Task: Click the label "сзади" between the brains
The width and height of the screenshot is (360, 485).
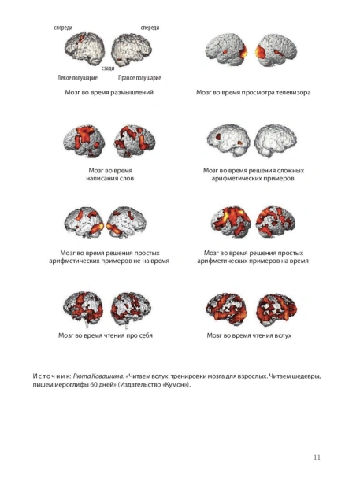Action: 108,68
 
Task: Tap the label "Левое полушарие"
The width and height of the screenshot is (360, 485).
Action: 77,78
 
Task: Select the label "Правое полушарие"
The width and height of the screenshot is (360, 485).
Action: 139,78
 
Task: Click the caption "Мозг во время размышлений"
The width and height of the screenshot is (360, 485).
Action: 109,92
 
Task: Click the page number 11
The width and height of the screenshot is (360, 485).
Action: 317,457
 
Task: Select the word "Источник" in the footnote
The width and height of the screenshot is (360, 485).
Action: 52,376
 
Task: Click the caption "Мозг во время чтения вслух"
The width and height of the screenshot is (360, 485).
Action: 249,335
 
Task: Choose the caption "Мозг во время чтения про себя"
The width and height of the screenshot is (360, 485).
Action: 106,335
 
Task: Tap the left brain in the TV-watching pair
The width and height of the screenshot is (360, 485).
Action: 226,50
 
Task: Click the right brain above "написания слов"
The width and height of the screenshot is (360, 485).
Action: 135,141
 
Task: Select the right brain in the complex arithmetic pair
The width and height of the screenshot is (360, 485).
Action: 276,140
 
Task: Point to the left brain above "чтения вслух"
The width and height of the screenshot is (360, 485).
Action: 226,309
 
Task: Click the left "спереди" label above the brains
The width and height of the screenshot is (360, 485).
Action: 63,28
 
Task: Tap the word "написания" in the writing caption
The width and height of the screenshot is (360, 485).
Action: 100,179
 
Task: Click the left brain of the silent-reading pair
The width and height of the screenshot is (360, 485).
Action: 83,309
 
